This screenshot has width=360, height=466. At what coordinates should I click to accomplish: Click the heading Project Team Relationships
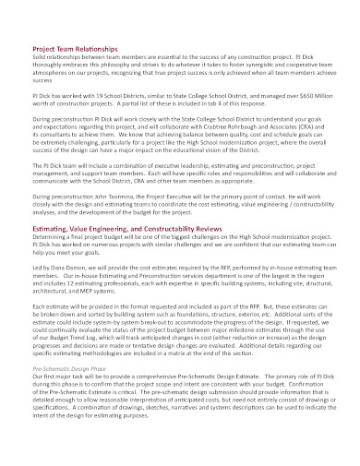(75, 48)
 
